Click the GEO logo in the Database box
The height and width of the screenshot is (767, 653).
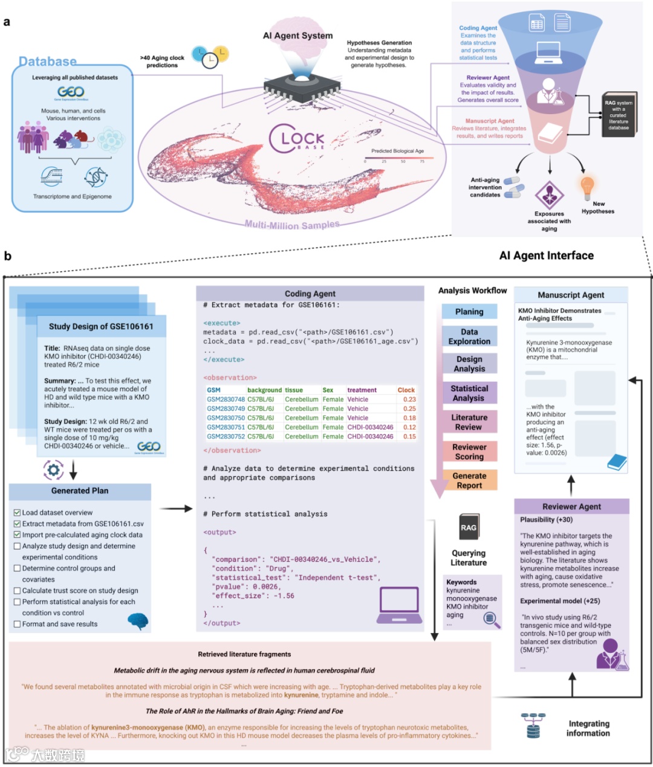[x=71, y=92]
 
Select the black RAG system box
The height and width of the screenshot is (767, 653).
[x=619, y=115]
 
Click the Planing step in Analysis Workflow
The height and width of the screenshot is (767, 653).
[x=469, y=312]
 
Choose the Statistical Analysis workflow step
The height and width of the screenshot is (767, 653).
[x=469, y=393]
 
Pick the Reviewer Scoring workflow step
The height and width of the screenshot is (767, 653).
[x=469, y=452]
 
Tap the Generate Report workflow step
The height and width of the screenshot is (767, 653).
[x=469, y=481]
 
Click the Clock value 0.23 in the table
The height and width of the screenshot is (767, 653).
[x=409, y=399]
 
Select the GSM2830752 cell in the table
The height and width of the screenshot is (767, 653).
[x=226, y=437]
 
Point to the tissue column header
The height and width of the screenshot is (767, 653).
[x=294, y=390]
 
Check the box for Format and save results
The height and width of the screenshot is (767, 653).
[x=17, y=624]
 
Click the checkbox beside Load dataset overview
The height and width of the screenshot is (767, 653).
[x=17, y=512]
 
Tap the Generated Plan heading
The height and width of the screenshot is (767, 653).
[x=80, y=491]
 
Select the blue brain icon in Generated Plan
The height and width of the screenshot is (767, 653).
[x=138, y=620]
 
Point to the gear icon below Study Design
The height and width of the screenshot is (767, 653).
[x=53, y=469]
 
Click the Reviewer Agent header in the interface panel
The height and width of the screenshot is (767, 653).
[x=571, y=507]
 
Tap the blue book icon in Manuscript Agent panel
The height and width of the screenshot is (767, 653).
[x=616, y=462]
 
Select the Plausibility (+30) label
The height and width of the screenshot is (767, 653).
[x=547, y=519]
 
